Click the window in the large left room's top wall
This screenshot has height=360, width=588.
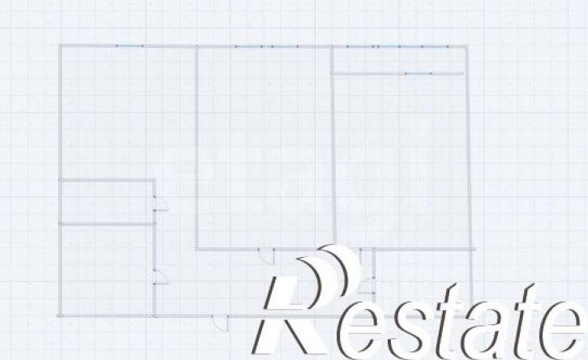[130, 45]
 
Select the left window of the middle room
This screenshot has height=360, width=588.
[249, 46]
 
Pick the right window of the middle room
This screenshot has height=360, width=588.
[285, 46]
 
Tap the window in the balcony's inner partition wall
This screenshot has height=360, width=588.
[418, 74]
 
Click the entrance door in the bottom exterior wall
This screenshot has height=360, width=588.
[221, 324]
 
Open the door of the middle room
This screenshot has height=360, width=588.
[267, 256]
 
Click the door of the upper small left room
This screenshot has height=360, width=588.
[161, 204]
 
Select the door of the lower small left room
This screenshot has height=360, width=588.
[161, 276]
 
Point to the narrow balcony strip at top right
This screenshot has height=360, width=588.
[399, 60]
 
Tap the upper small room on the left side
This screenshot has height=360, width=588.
[107, 203]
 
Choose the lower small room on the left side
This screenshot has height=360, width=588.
[107, 270]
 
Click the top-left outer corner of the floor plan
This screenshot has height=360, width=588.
[60, 45]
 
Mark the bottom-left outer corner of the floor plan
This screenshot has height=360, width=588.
[60, 315]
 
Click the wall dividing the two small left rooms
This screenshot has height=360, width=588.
[107, 225]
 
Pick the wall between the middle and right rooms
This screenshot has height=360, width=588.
[333, 146]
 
